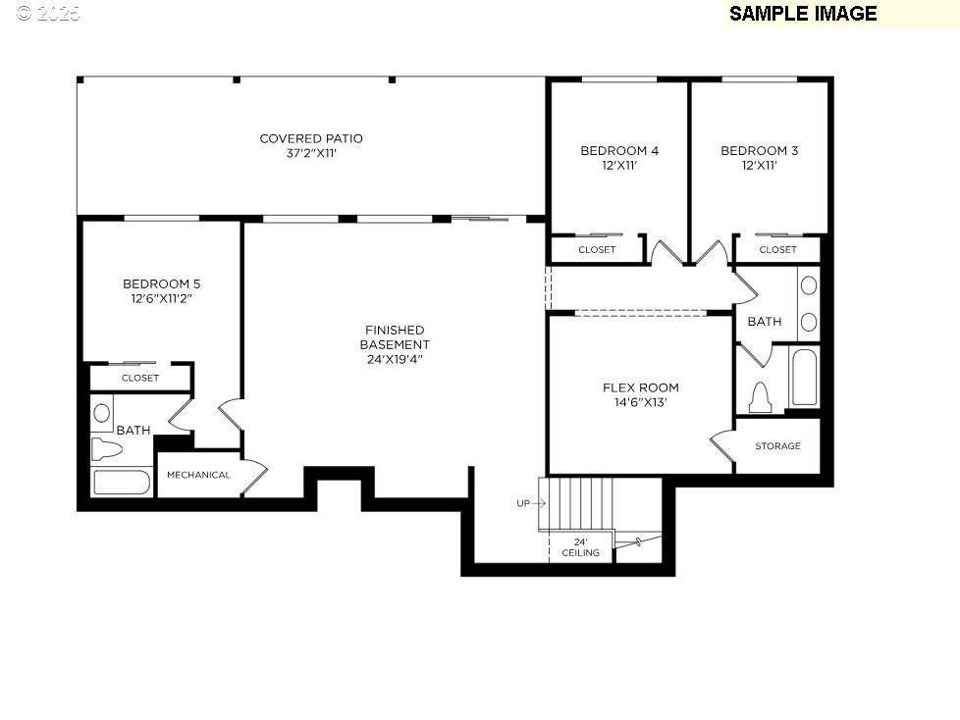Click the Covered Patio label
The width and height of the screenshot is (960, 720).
click(x=310, y=138)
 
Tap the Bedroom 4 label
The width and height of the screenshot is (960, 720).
click(x=618, y=150)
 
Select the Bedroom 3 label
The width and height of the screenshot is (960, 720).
click(x=759, y=150)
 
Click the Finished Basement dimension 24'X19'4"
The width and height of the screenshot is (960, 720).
click(x=394, y=359)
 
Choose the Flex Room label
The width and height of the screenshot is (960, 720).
click(x=640, y=387)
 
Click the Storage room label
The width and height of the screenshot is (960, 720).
click(x=777, y=446)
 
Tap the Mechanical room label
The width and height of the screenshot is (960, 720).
click(x=198, y=475)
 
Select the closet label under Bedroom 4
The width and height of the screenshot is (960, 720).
click(x=597, y=250)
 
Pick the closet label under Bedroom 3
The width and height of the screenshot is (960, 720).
click(x=777, y=250)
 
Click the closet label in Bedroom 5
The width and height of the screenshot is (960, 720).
click(x=140, y=378)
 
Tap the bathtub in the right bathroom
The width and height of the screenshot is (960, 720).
click(x=803, y=377)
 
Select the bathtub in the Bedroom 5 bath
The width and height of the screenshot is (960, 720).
click(x=121, y=483)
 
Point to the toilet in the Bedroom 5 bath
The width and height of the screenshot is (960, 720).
click(x=106, y=450)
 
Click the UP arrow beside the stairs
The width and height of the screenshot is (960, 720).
click(x=530, y=503)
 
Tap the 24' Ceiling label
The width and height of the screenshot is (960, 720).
click(x=580, y=547)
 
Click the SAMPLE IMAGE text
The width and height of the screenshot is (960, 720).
click(x=802, y=14)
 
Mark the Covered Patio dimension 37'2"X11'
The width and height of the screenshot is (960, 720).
click(x=310, y=153)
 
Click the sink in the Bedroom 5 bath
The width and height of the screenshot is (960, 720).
click(x=103, y=413)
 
